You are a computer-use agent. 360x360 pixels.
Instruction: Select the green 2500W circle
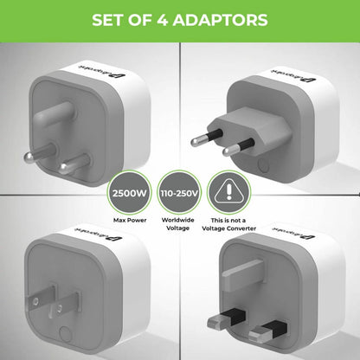coord(129,190)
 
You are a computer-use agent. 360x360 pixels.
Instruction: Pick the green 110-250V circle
coord(179,190)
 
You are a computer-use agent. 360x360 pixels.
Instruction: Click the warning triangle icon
coord(229,190)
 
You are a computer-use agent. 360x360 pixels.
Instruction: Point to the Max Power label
coord(129,221)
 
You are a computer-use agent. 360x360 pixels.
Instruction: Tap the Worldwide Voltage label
coord(179,225)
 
